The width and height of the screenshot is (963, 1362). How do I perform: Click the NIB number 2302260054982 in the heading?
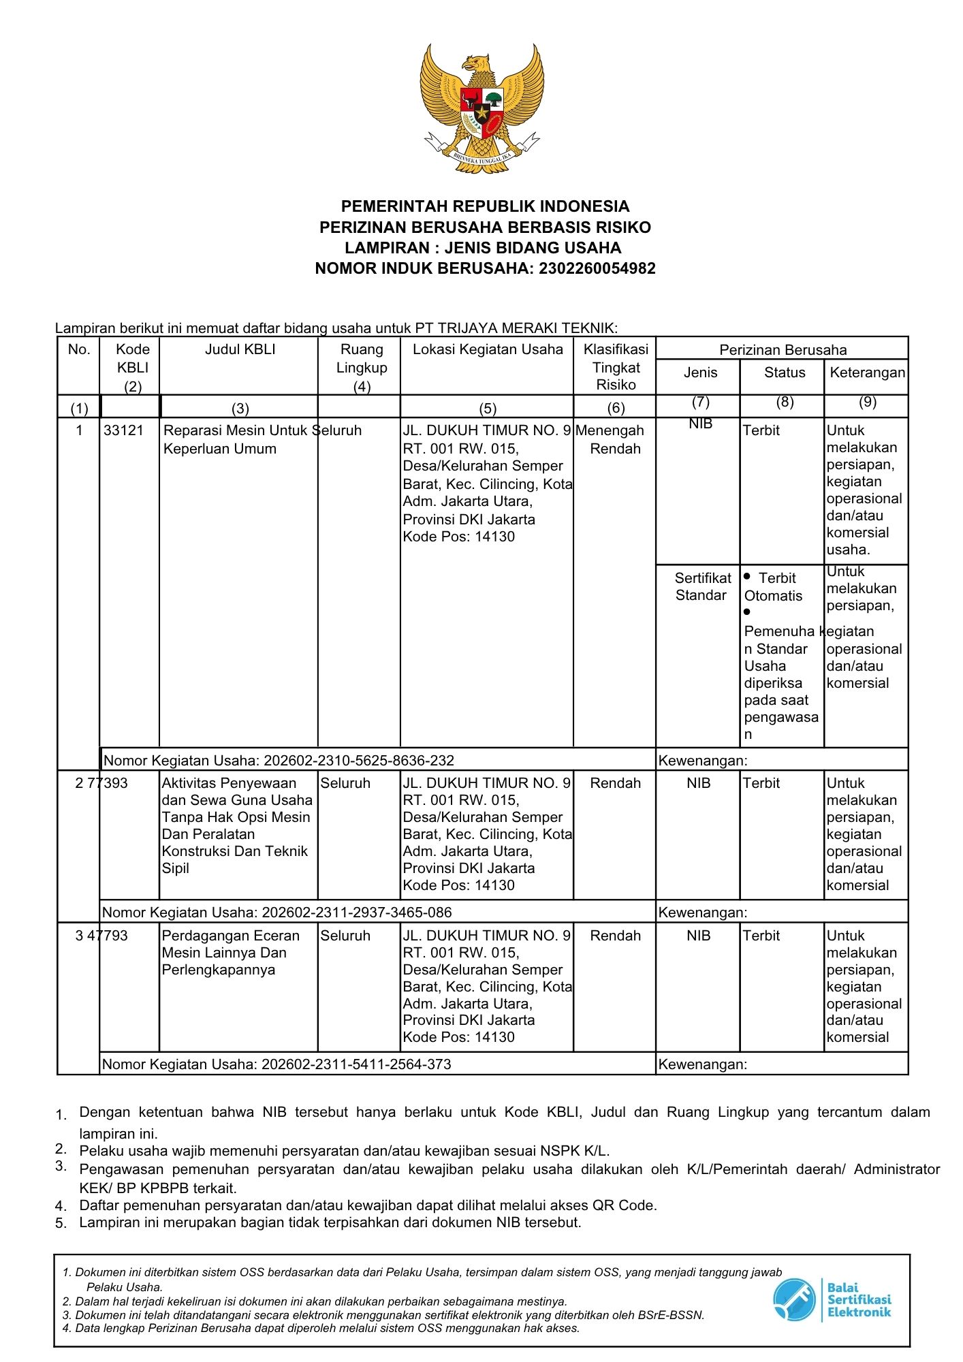597,268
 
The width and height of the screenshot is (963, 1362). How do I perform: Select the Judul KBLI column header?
240,349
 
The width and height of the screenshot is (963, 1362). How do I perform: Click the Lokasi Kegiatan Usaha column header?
488,349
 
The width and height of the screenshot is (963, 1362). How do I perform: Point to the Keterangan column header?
867,373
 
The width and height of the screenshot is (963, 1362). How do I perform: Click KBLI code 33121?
123,430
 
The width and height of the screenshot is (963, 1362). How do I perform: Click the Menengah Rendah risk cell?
615,439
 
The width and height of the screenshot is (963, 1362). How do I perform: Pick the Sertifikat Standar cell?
701,586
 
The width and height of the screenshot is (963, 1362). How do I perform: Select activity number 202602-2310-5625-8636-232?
358,761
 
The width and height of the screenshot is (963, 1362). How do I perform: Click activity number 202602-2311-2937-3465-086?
356,913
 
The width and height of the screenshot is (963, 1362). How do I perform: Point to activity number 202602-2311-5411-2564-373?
356,1064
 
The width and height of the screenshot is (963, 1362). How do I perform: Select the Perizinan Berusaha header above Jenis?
783,350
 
